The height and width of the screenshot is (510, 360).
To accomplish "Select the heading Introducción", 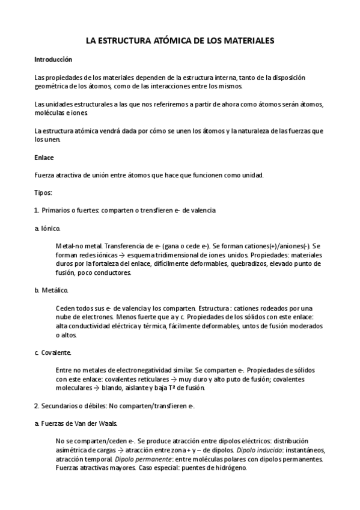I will (x=53, y=60).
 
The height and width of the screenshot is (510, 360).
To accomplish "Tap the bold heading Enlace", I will (x=44, y=158).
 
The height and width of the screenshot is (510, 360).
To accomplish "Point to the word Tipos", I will (x=43, y=193).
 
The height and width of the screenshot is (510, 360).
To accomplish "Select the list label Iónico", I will (x=50, y=229).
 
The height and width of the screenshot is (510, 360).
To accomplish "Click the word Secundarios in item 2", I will (x=62, y=405).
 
